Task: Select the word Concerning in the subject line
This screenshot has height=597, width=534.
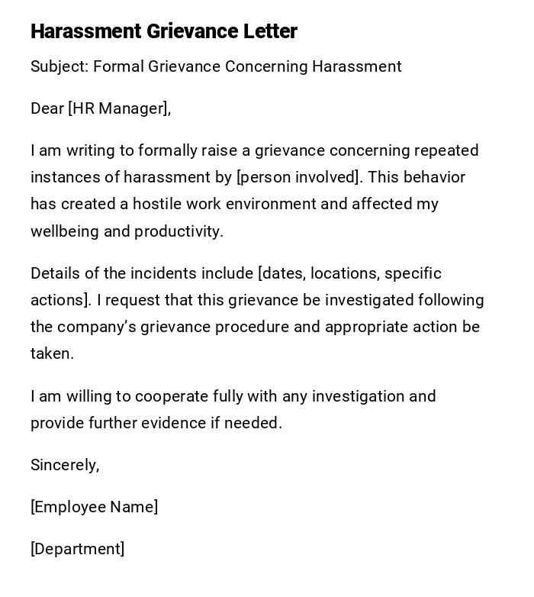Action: tap(263, 66)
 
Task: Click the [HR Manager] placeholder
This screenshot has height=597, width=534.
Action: tap(117, 108)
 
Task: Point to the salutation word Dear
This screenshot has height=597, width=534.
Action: tap(47, 108)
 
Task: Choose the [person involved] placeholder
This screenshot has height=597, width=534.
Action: tap(298, 177)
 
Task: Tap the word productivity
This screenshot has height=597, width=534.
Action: tap(179, 231)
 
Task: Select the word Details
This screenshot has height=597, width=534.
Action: tap(55, 273)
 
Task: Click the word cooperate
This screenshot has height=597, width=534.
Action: tap(164, 396)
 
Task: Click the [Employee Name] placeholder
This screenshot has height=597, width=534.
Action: tap(94, 507)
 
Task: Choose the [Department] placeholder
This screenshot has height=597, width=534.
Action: tap(77, 549)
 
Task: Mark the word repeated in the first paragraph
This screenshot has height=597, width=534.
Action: tap(445, 150)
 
